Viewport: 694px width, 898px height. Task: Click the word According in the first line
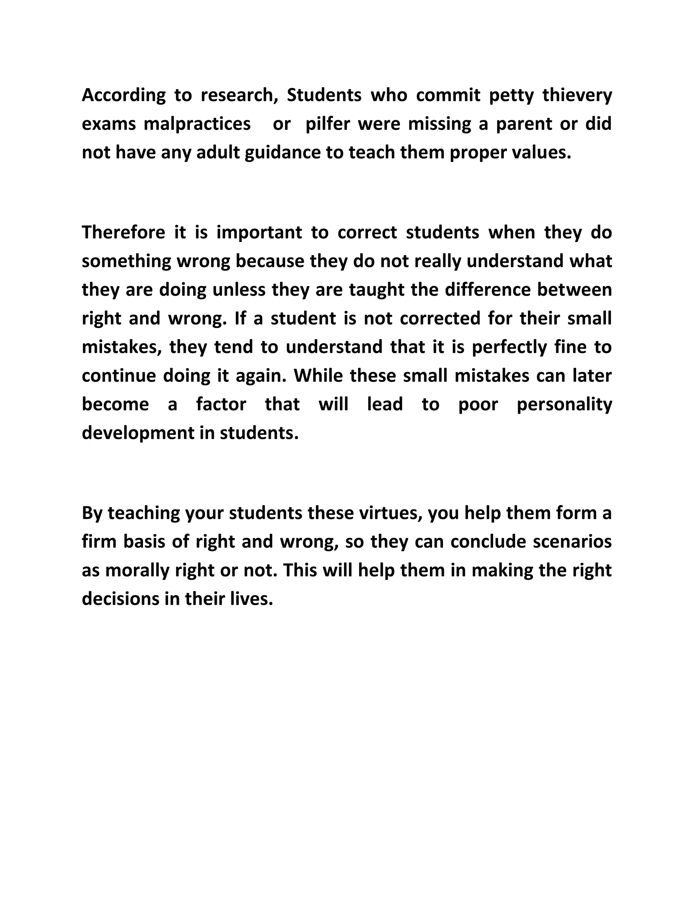[123, 96]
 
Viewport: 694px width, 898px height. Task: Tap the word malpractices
[197, 124]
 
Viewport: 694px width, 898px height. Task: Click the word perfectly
[509, 347]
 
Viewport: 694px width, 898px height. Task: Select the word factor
[221, 404]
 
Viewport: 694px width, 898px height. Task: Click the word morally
[137, 571]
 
